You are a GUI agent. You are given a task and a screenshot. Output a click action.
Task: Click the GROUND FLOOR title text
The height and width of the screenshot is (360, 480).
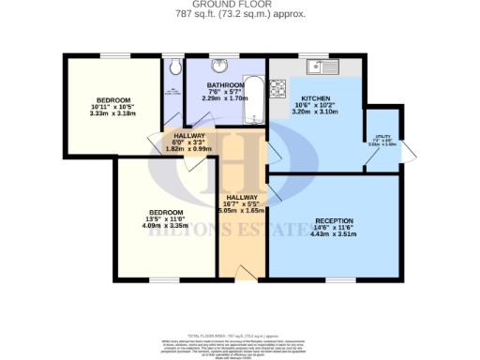pos(239,5)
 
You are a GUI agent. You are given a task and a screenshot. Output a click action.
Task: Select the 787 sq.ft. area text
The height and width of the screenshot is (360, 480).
pos(239,14)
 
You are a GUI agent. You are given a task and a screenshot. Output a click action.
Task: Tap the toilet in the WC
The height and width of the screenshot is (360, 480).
pos(174,67)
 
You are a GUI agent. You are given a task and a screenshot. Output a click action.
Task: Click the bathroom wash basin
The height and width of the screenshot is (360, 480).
pos(219,67)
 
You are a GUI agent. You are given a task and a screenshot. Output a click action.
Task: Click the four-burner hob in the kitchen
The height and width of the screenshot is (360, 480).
pos(278,91)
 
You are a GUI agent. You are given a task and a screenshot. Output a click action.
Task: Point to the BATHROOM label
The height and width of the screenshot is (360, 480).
pos(225,84)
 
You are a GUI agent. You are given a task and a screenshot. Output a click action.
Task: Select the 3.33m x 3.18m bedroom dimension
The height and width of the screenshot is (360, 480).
pos(114,113)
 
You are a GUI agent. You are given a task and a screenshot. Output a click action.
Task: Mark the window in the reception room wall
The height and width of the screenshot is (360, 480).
pos(339,279)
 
